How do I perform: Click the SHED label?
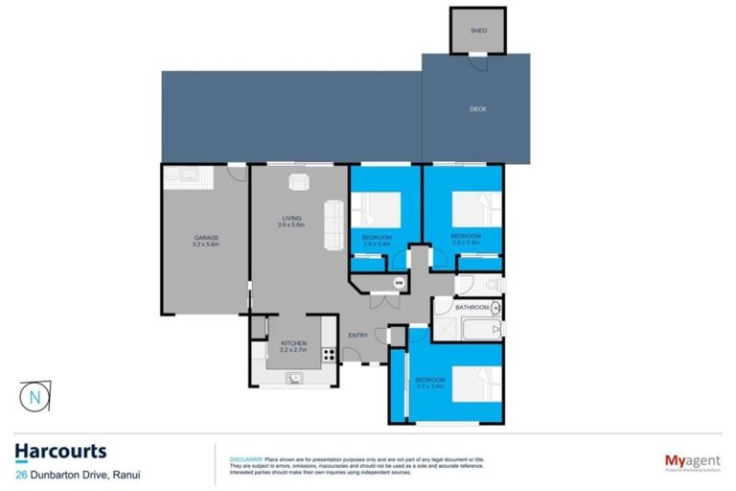[478, 32]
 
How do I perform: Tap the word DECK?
[477, 109]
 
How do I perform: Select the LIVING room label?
[290, 219]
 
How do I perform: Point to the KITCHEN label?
[292, 343]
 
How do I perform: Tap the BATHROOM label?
[472, 308]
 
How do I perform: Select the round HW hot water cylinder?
[399, 284]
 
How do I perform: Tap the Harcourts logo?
[60, 450]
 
